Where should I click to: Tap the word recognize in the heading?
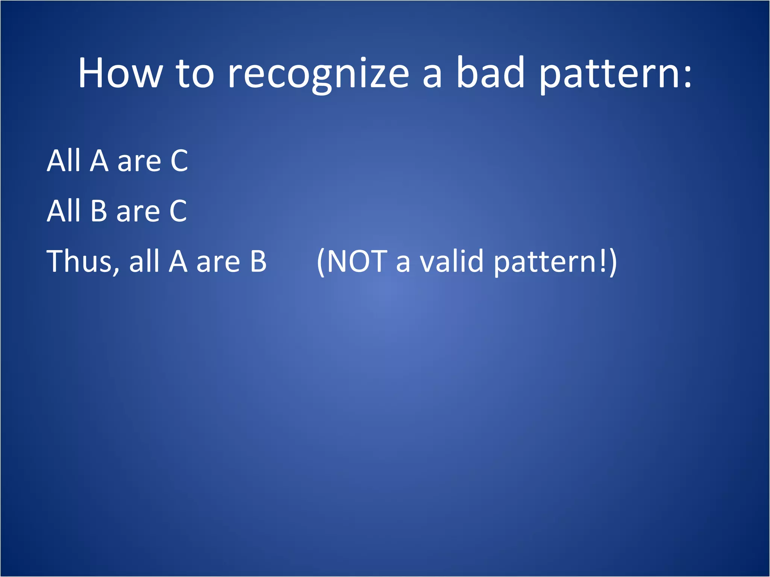[x=318, y=74]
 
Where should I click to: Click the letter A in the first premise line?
[x=99, y=161]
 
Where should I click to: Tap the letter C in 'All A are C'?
[x=179, y=161]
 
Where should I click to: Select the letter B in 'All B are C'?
[x=99, y=211]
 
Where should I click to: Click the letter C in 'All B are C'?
[x=178, y=211]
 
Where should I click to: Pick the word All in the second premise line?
[x=64, y=211]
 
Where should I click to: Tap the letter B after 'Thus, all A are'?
[x=258, y=261]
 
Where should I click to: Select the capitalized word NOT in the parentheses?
[x=357, y=261]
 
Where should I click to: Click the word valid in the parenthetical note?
[x=451, y=261]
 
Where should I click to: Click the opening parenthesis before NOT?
[x=321, y=262]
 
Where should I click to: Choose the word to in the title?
[x=195, y=74]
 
